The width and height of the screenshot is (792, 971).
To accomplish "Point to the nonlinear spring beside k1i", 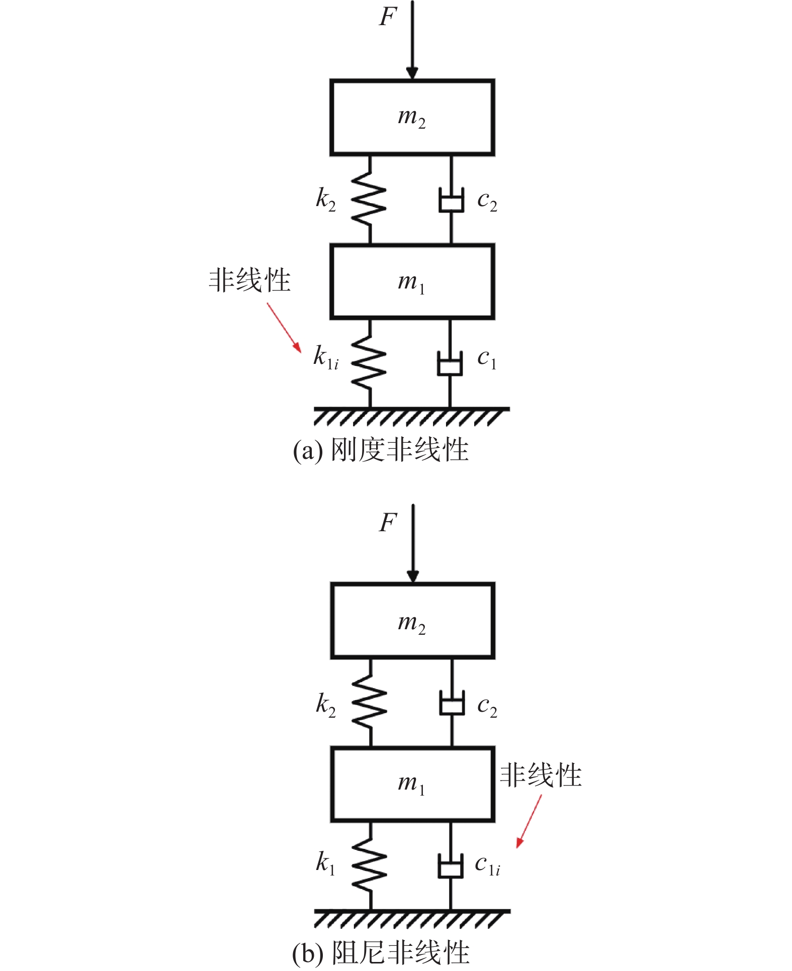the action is (369, 362).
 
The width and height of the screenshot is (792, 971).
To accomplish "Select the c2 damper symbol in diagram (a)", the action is (451, 200).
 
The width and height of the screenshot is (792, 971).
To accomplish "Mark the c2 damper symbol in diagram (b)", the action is (452, 703).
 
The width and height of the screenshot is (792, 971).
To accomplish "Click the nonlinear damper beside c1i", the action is (451, 866).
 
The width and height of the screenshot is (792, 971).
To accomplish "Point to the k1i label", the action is (326, 357).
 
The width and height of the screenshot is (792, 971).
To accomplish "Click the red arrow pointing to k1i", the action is (284, 328).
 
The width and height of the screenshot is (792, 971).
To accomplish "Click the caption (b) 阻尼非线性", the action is (381, 952).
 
